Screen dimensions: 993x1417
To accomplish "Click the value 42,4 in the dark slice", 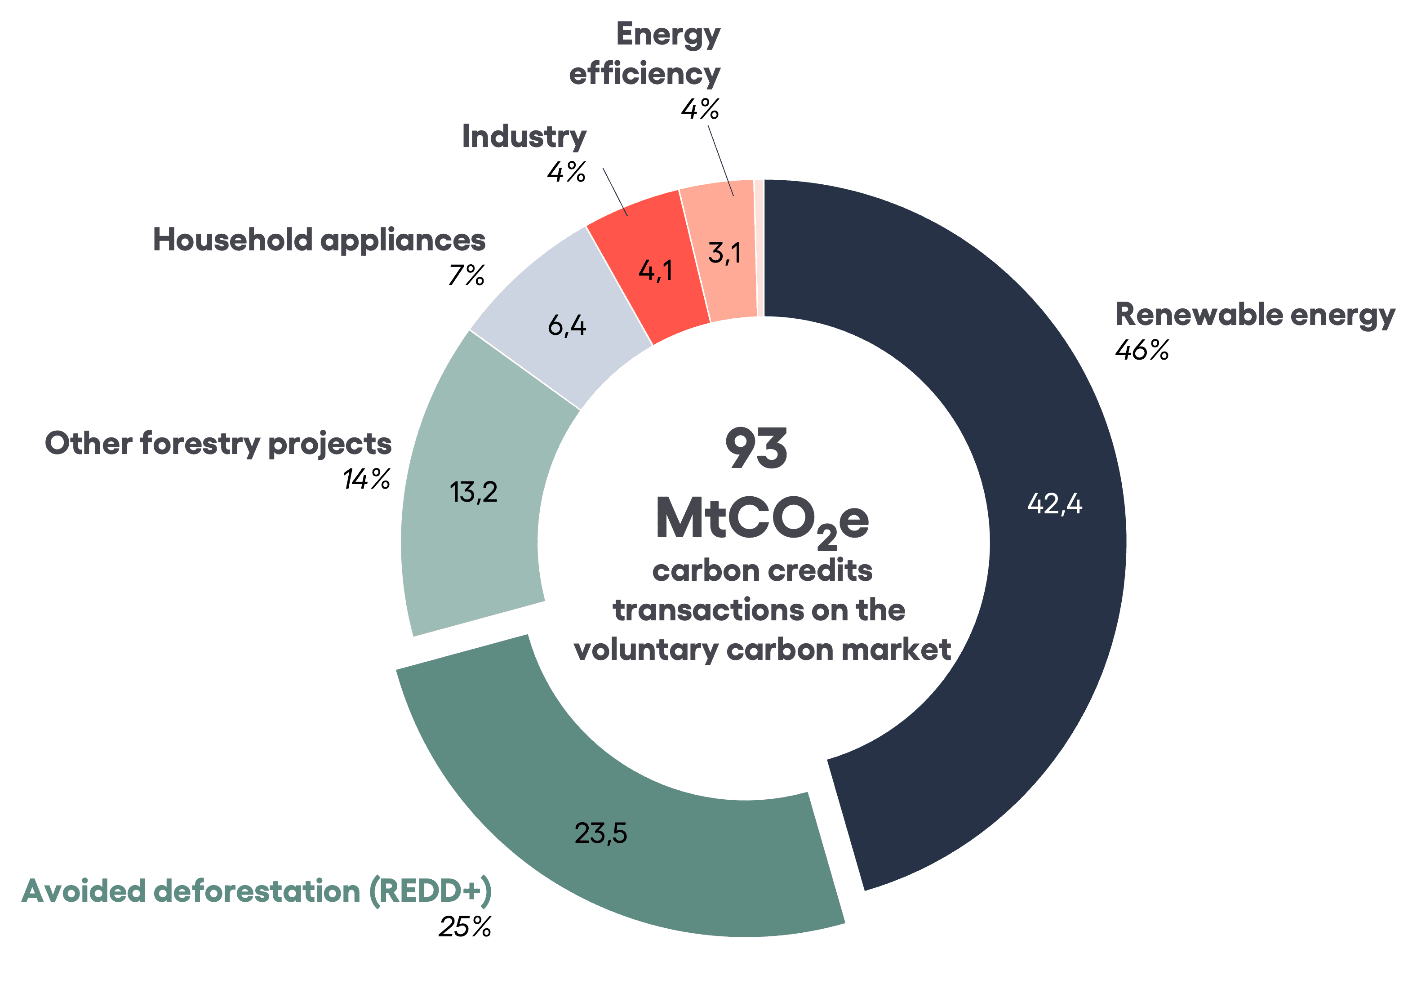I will click(1054, 504).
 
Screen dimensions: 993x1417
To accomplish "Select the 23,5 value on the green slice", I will click(600, 833).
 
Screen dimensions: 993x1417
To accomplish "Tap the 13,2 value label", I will click(473, 492).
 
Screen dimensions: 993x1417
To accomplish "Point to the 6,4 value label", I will click(567, 325).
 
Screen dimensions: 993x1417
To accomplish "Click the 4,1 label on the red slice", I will click(655, 270).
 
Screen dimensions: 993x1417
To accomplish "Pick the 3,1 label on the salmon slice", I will click(724, 253).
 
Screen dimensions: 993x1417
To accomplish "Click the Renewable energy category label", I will click(1255, 314).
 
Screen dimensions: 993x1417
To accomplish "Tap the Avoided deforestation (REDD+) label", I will click(257, 891).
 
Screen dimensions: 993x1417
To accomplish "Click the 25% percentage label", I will click(465, 926).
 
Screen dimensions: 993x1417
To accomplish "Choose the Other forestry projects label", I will click(218, 444).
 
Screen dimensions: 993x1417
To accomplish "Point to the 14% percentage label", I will click(367, 479).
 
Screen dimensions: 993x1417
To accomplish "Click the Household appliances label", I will click(319, 240).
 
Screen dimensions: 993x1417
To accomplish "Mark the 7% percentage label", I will click(466, 275).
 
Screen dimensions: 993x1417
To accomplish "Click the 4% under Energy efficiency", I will click(700, 109).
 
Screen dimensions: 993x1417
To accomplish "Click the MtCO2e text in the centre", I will click(762, 520).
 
